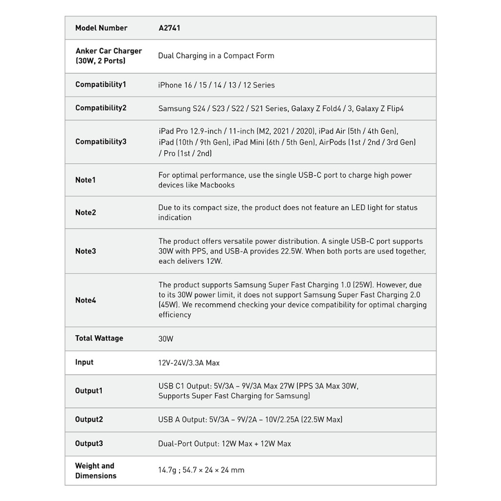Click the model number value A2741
pyautogui.click(x=169, y=28)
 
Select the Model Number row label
pyautogui.click(x=101, y=28)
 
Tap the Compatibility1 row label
pyautogui.click(x=101, y=85)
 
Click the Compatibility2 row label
pyautogui.click(x=101, y=108)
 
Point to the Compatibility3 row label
pyautogui.click(x=101, y=142)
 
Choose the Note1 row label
pyautogui.click(x=86, y=180)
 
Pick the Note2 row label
pyautogui.click(x=86, y=212)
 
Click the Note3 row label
pyautogui.click(x=86, y=251)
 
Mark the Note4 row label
pyautogui.click(x=86, y=300)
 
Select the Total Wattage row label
pyautogui.click(x=99, y=339)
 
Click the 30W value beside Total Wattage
pyautogui.click(x=166, y=339)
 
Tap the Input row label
pyautogui.click(x=84, y=363)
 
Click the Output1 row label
pyautogui.click(x=89, y=391)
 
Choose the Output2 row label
pyautogui.click(x=89, y=420)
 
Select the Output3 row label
pyautogui.click(x=89, y=444)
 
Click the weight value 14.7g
pyautogui.click(x=167, y=470)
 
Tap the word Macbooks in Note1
pyautogui.click(x=217, y=185)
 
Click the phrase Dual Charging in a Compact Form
pyautogui.click(x=216, y=56)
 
